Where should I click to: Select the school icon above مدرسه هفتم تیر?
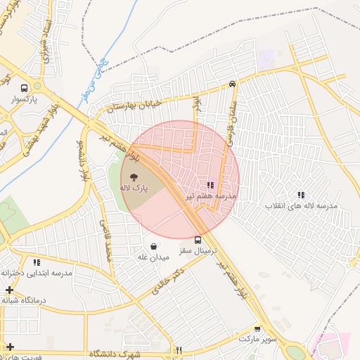coord(210,185)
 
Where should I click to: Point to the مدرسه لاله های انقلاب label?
coord(301,206)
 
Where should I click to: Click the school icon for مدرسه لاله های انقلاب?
coord(301,195)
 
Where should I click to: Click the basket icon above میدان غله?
coord(153,247)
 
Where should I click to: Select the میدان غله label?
coord(153,257)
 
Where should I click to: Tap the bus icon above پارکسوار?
coord(25,89)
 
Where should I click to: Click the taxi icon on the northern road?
coord(232,84)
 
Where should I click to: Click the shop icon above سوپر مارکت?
coord(257,328)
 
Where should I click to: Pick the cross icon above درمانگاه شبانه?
coord(9,290)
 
